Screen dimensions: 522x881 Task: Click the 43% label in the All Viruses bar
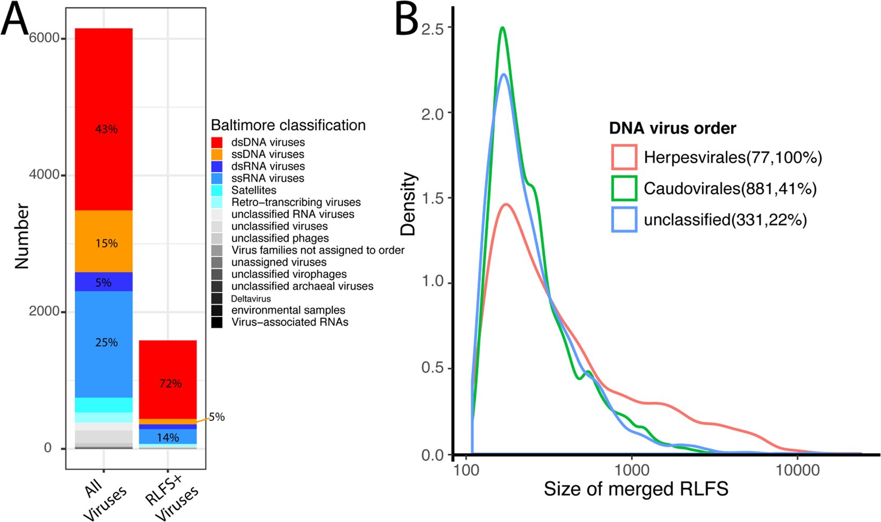coord(106,129)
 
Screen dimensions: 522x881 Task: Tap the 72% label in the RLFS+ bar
coord(170,383)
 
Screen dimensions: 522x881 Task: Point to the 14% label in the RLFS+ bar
coord(168,438)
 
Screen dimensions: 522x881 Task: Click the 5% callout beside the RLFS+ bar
coord(216,417)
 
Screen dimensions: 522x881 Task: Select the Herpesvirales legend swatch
coord(624,157)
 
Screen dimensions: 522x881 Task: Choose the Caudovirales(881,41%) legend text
coord(730,189)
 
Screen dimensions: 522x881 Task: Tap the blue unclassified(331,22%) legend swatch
coord(624,220)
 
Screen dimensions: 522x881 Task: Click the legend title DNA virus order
coord(672,128)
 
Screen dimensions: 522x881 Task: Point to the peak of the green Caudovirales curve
coord(503,28)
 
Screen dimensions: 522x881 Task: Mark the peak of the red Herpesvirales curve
coord(506,204)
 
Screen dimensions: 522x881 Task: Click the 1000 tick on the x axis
coord(632,470)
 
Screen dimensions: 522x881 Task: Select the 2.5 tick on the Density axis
coord(433,28)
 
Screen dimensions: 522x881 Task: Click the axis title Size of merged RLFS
coord(636,489)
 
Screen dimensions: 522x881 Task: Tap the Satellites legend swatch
coord(217,190)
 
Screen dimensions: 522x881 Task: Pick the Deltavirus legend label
coord(251,299)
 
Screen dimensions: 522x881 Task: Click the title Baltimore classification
coord(288,125)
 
